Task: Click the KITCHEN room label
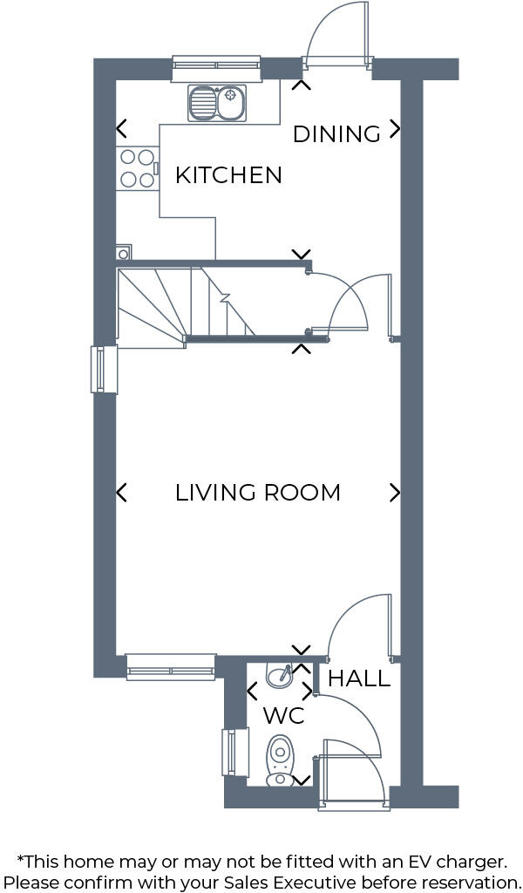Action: coord(228,175)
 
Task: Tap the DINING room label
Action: coord(336,134)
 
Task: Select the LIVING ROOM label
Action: coord(258,493)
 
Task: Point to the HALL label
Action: coord(358,678)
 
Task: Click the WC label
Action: coord(283,717)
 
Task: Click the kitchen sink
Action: coord(217,103)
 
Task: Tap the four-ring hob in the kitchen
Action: coord(136,168)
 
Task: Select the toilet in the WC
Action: coord(280,757)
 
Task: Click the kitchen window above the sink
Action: coord(216,63)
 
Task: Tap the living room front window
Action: coord(171,666)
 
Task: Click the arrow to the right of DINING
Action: coord(395,129)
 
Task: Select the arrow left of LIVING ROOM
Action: coord(121,493)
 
